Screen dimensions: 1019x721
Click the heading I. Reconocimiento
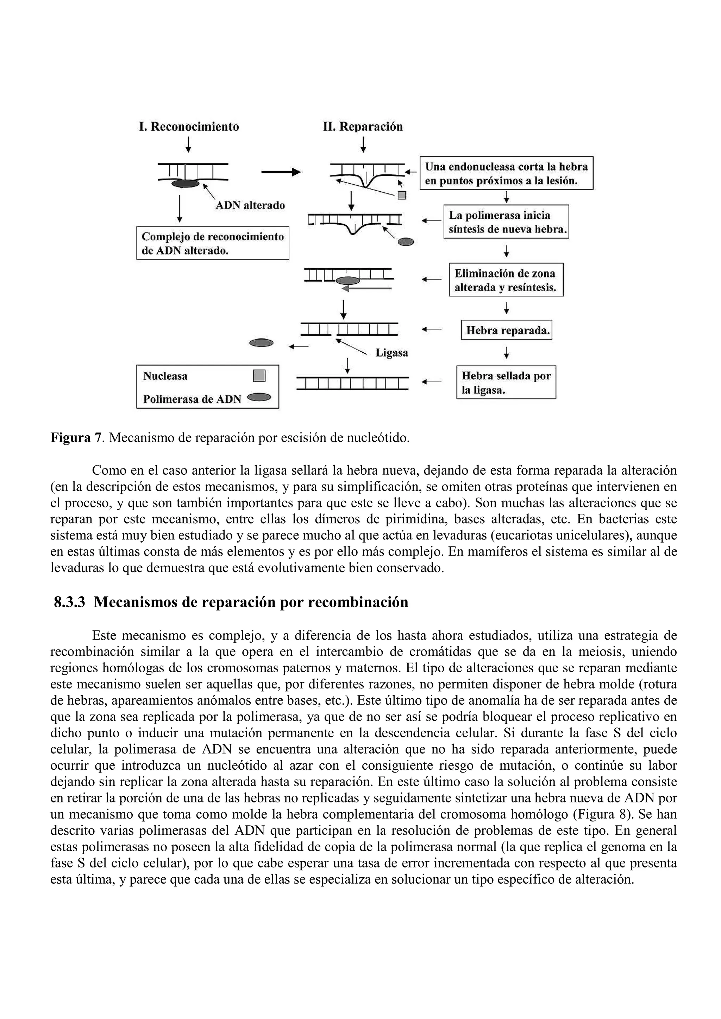click(x=189, y=127)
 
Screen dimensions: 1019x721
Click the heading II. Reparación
click(x=363, y=127)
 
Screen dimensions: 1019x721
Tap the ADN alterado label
click(x=250, y=205)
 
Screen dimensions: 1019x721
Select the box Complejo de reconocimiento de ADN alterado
click(x=212, y=243)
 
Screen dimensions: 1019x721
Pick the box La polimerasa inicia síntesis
click(x=506, y=222)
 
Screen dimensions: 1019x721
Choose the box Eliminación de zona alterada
click(x=506, y=280)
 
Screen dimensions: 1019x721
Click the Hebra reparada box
click(x=507, y=330)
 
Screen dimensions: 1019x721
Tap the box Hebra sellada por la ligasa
click(x=506, y=383)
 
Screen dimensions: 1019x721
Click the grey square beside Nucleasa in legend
click(x=259, y=376)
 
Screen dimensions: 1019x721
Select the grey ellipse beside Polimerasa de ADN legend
click(x=259, y=398)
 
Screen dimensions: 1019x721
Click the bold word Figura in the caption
click(x=70, y=438)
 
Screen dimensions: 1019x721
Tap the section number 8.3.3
click(x=69, y=602)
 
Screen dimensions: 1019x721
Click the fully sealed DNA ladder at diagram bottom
click(x=352, y=384)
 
